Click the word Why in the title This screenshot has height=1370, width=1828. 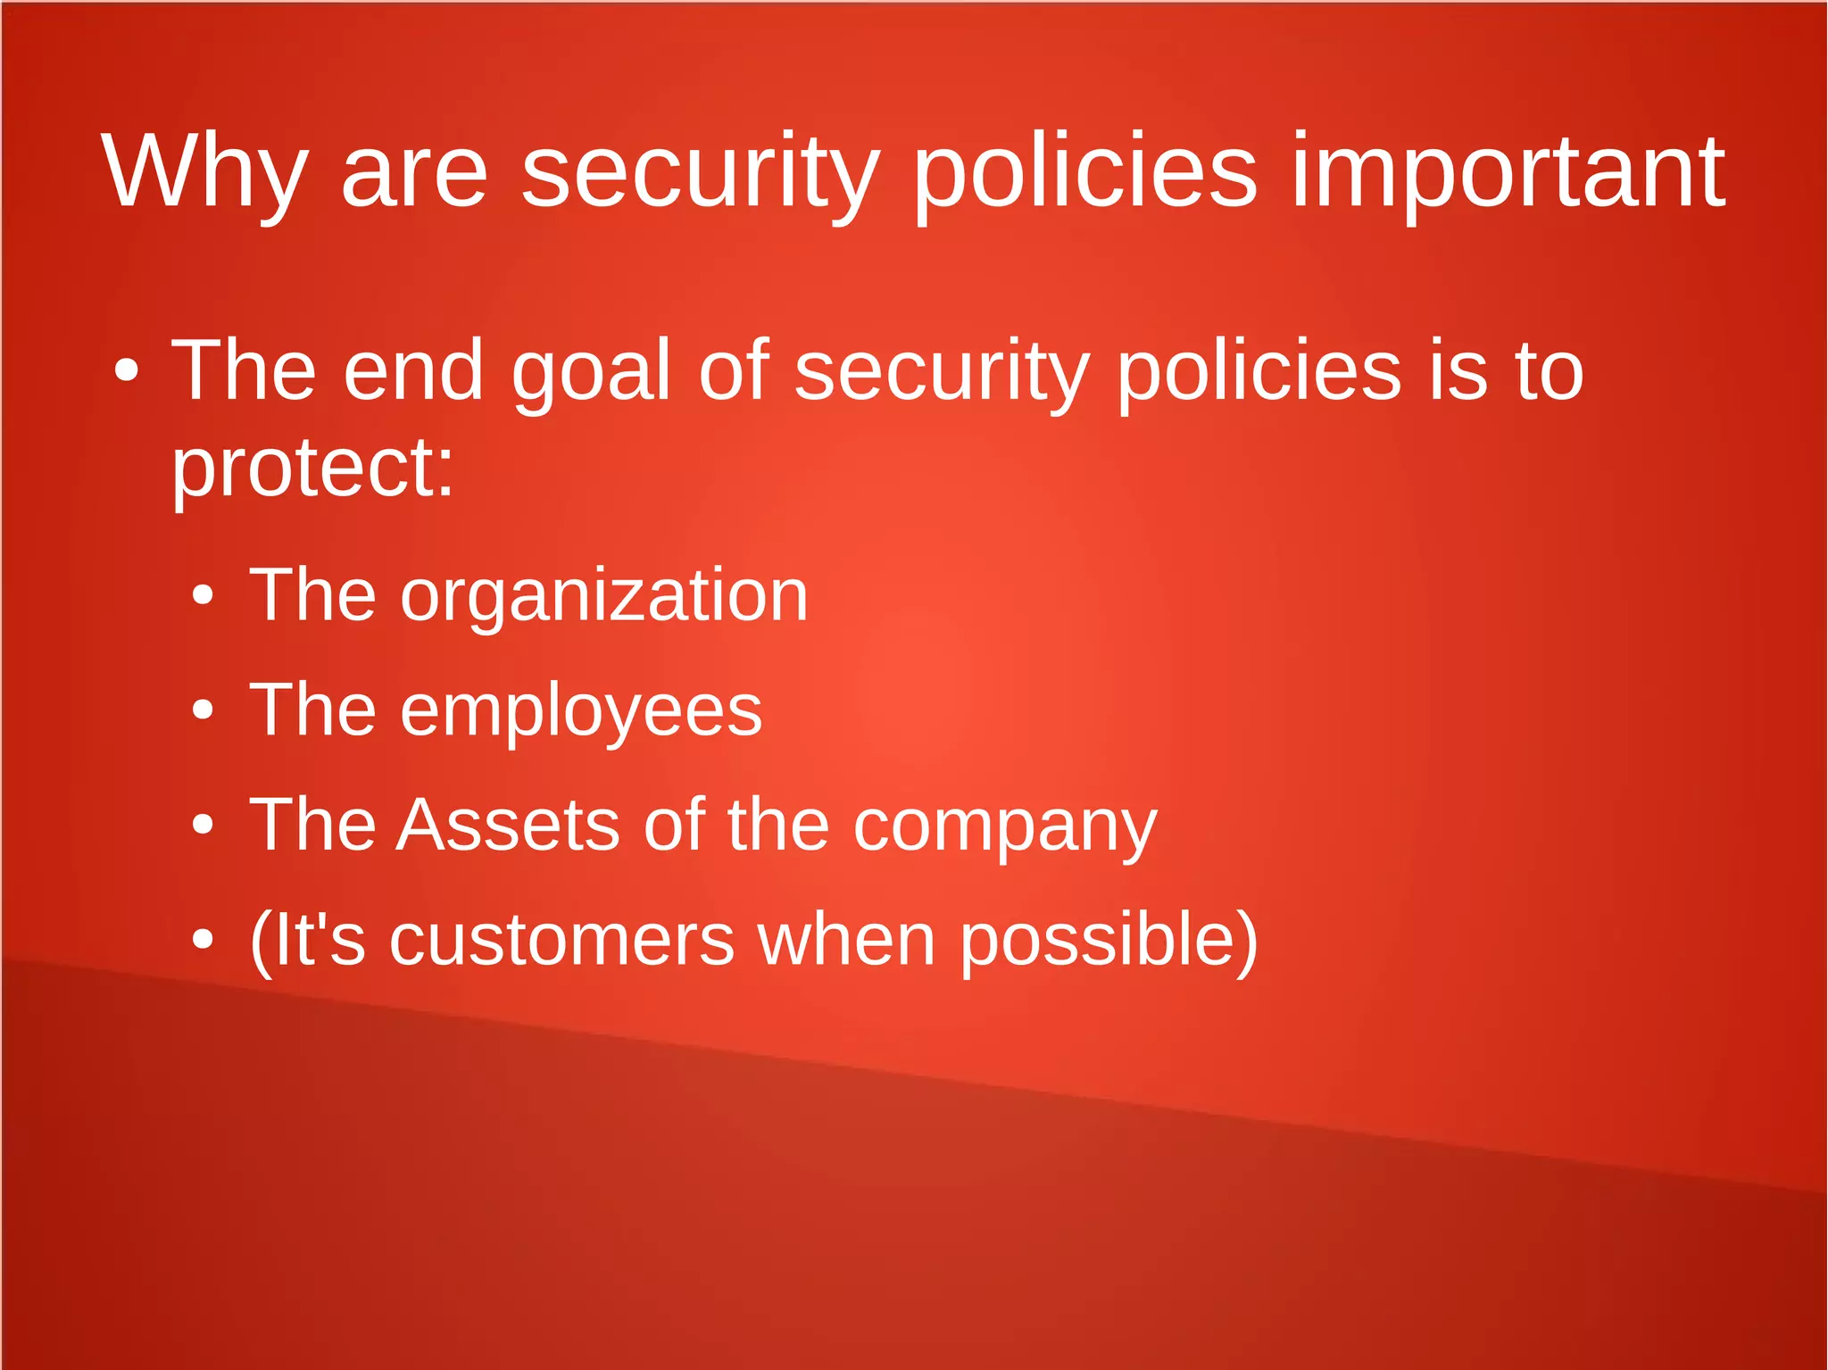click(x=204, y=171)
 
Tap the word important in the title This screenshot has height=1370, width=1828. click(x=1508, y=171)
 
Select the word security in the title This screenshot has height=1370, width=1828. click(x=701, y=171)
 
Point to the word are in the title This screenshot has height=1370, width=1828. click(x=414, y=171)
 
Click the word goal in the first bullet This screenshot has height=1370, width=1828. click(x=590, y=373)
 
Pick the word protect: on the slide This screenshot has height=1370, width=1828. click(x=312, y=469)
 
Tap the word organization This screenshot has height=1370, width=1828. click(x=603, y=595)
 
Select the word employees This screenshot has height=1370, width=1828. click(x=581, y=710)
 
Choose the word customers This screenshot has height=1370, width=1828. click(x=561, y=940)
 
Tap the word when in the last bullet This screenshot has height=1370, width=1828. click(x=846, y=940)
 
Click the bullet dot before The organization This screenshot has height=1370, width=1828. click(x=204, y=595)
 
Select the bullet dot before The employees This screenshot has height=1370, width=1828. click(x=204, y=710)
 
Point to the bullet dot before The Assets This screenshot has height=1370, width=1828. click(x=204, y=825)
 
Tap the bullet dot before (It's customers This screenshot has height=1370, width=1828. click(x=204, y=940)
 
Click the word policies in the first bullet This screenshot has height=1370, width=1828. click(x=1259, y=373)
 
